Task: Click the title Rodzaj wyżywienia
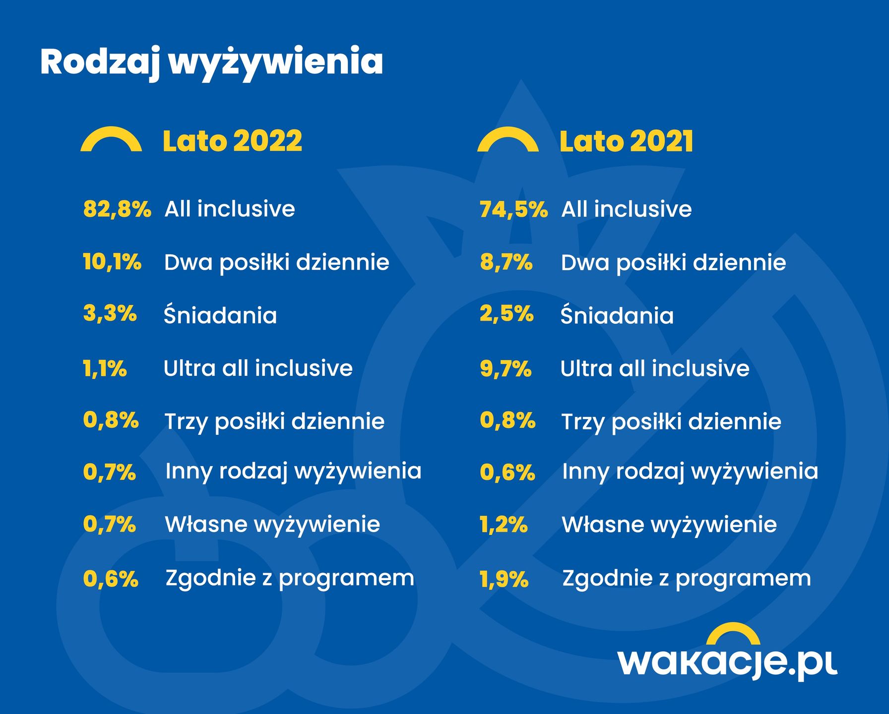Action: tap(211, 62)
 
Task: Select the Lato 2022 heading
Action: tap(232, 141)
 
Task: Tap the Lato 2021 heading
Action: tap(626, 141)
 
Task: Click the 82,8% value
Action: tap(117, 209)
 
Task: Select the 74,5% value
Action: tap(513, 209)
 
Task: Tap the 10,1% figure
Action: tap(112, 262)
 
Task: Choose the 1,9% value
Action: tap(504, 579)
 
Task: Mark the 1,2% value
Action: tap(504, 525)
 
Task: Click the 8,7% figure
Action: tap(506, 262)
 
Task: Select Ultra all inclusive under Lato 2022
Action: tap(258, 368)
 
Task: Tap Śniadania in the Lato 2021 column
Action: tap(617, 315)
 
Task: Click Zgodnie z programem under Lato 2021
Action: tap(687, 579)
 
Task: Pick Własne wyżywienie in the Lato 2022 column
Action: tap(272, 525)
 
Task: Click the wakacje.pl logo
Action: tap(727, 654)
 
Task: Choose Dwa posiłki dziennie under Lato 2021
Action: tap(673, 263)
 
